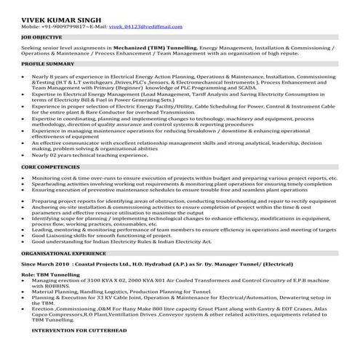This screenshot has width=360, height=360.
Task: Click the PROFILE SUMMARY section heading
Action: (47, 64)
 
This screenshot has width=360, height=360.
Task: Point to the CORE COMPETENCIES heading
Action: (51, 167)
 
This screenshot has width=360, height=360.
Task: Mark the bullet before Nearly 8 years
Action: (26, 76)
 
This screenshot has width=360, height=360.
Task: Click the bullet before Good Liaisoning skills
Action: (26, 235)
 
